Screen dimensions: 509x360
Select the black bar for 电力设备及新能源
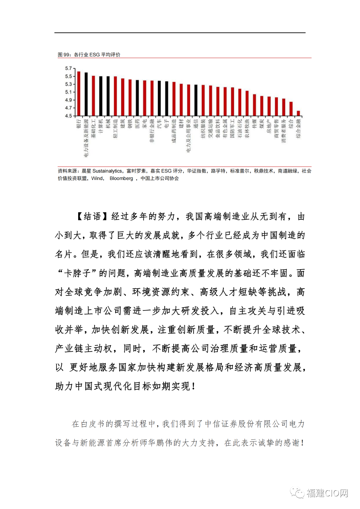point(86,94)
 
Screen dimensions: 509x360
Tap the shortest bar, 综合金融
point(298,113)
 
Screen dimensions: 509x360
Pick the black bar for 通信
point(196,100)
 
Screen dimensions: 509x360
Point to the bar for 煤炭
point(262,106)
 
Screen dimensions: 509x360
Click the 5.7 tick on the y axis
point(68,68)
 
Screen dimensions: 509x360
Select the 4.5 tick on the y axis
point(68,116)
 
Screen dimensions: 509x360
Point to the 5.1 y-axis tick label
point(68,92)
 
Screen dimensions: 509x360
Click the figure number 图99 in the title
point(64,55)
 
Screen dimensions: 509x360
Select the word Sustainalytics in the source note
point(107,171)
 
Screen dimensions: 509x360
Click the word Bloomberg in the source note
point(121,178)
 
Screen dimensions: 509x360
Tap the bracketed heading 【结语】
point(92,216)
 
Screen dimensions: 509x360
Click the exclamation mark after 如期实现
point(193,386)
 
